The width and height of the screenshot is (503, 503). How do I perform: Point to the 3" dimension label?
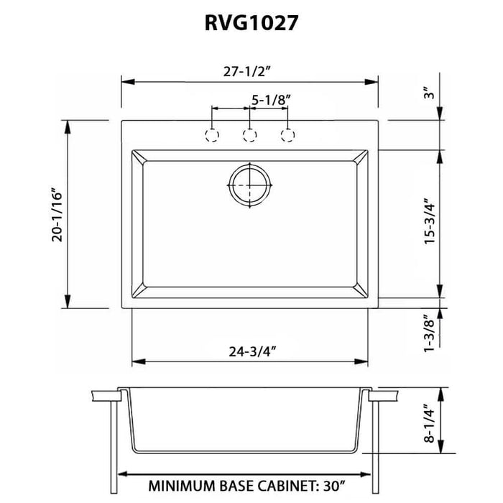pos(429,93)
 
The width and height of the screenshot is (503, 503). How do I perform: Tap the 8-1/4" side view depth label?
pos(429,423)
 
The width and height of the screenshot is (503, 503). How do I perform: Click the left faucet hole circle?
pos(212,135)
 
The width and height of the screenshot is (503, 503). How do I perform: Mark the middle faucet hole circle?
pos(250,135)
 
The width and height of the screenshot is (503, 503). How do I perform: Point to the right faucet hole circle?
pos(288,135)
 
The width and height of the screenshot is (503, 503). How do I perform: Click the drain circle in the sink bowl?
pos(249,185)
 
